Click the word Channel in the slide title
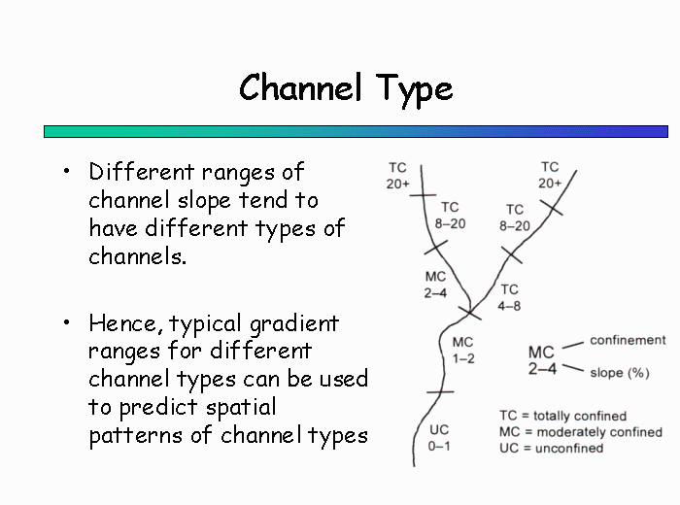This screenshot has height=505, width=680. tap(300, 87)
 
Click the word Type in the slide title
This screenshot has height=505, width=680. tap(414, 90)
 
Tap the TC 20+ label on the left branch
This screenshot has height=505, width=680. tap(397, 176)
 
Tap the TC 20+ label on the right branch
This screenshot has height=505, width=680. tap(550, 175)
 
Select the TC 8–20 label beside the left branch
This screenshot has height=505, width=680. tap(450, 215)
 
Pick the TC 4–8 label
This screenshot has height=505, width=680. tap(509, 297)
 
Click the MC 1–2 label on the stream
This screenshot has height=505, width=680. tap(463, 351)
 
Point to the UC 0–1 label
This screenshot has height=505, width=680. tap(439, 438)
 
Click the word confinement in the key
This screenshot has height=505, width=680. tap(628, 340)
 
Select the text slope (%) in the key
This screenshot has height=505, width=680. tap(620, 373)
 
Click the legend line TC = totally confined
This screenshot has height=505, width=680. tap(562, 416)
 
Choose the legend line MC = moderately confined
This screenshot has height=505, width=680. tap(581, 432)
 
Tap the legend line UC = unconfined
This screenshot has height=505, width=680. tap(551, 448)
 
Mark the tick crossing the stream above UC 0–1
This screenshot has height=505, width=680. tap(440, 392)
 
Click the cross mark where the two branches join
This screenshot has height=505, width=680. tap(469, 312)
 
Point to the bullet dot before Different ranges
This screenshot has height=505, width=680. tap(66, 171)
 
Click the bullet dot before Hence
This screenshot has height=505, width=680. tap(66, 322)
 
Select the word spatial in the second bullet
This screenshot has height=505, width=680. tap(241, 408)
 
